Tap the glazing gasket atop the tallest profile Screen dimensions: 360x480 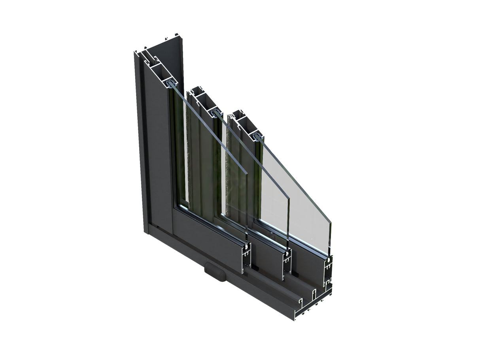[172, 83]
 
